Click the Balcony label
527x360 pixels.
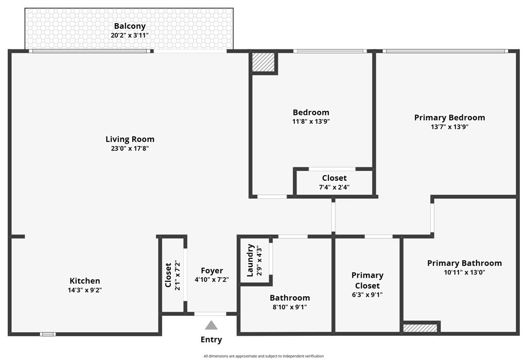pyautogui.click(x=130, y=26)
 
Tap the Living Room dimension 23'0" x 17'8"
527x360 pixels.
pyautogui.click(x=130, y=148)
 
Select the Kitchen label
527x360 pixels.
pyautogui.click(x=85, y=281)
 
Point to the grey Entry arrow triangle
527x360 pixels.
pyautogui.click(x=211, y=325)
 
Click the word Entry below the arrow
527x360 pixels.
pyautogui.click(x=211, y=339)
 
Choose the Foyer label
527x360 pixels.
pyautogui.click(x=212, y=270)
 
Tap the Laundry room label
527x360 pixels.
pyautogui.click(x=250, y=261)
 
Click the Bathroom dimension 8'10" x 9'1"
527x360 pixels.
pyautogui.click(x=290, y=307)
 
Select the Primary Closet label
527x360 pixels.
pyautogui.click(x=367, y=280)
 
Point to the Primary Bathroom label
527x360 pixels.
pyautogui.click(x=465, y=263)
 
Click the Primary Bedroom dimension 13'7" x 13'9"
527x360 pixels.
pyautogui.click(x=450, y=127)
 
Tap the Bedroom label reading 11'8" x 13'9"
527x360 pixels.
pyautogui.click(x=311, y=122)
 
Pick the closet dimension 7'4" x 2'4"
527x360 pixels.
pyautogui.click(x=334, y=187)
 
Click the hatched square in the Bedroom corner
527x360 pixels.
pyautogui.click(x=263, y=62)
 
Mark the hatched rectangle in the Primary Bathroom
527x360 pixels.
pyautogui.click(x=420, y=328)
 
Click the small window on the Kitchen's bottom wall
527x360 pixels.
pyautogui.click(x=48, y=334)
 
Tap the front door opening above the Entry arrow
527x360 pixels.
pyautogui.click(x=210, y=314)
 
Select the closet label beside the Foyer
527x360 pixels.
pyautogui.click(x=168, y=275)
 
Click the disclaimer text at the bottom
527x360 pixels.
pyautogui.click(x=263, y=356)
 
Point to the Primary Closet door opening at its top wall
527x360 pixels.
pyautogui.click(x=378, y=236)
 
